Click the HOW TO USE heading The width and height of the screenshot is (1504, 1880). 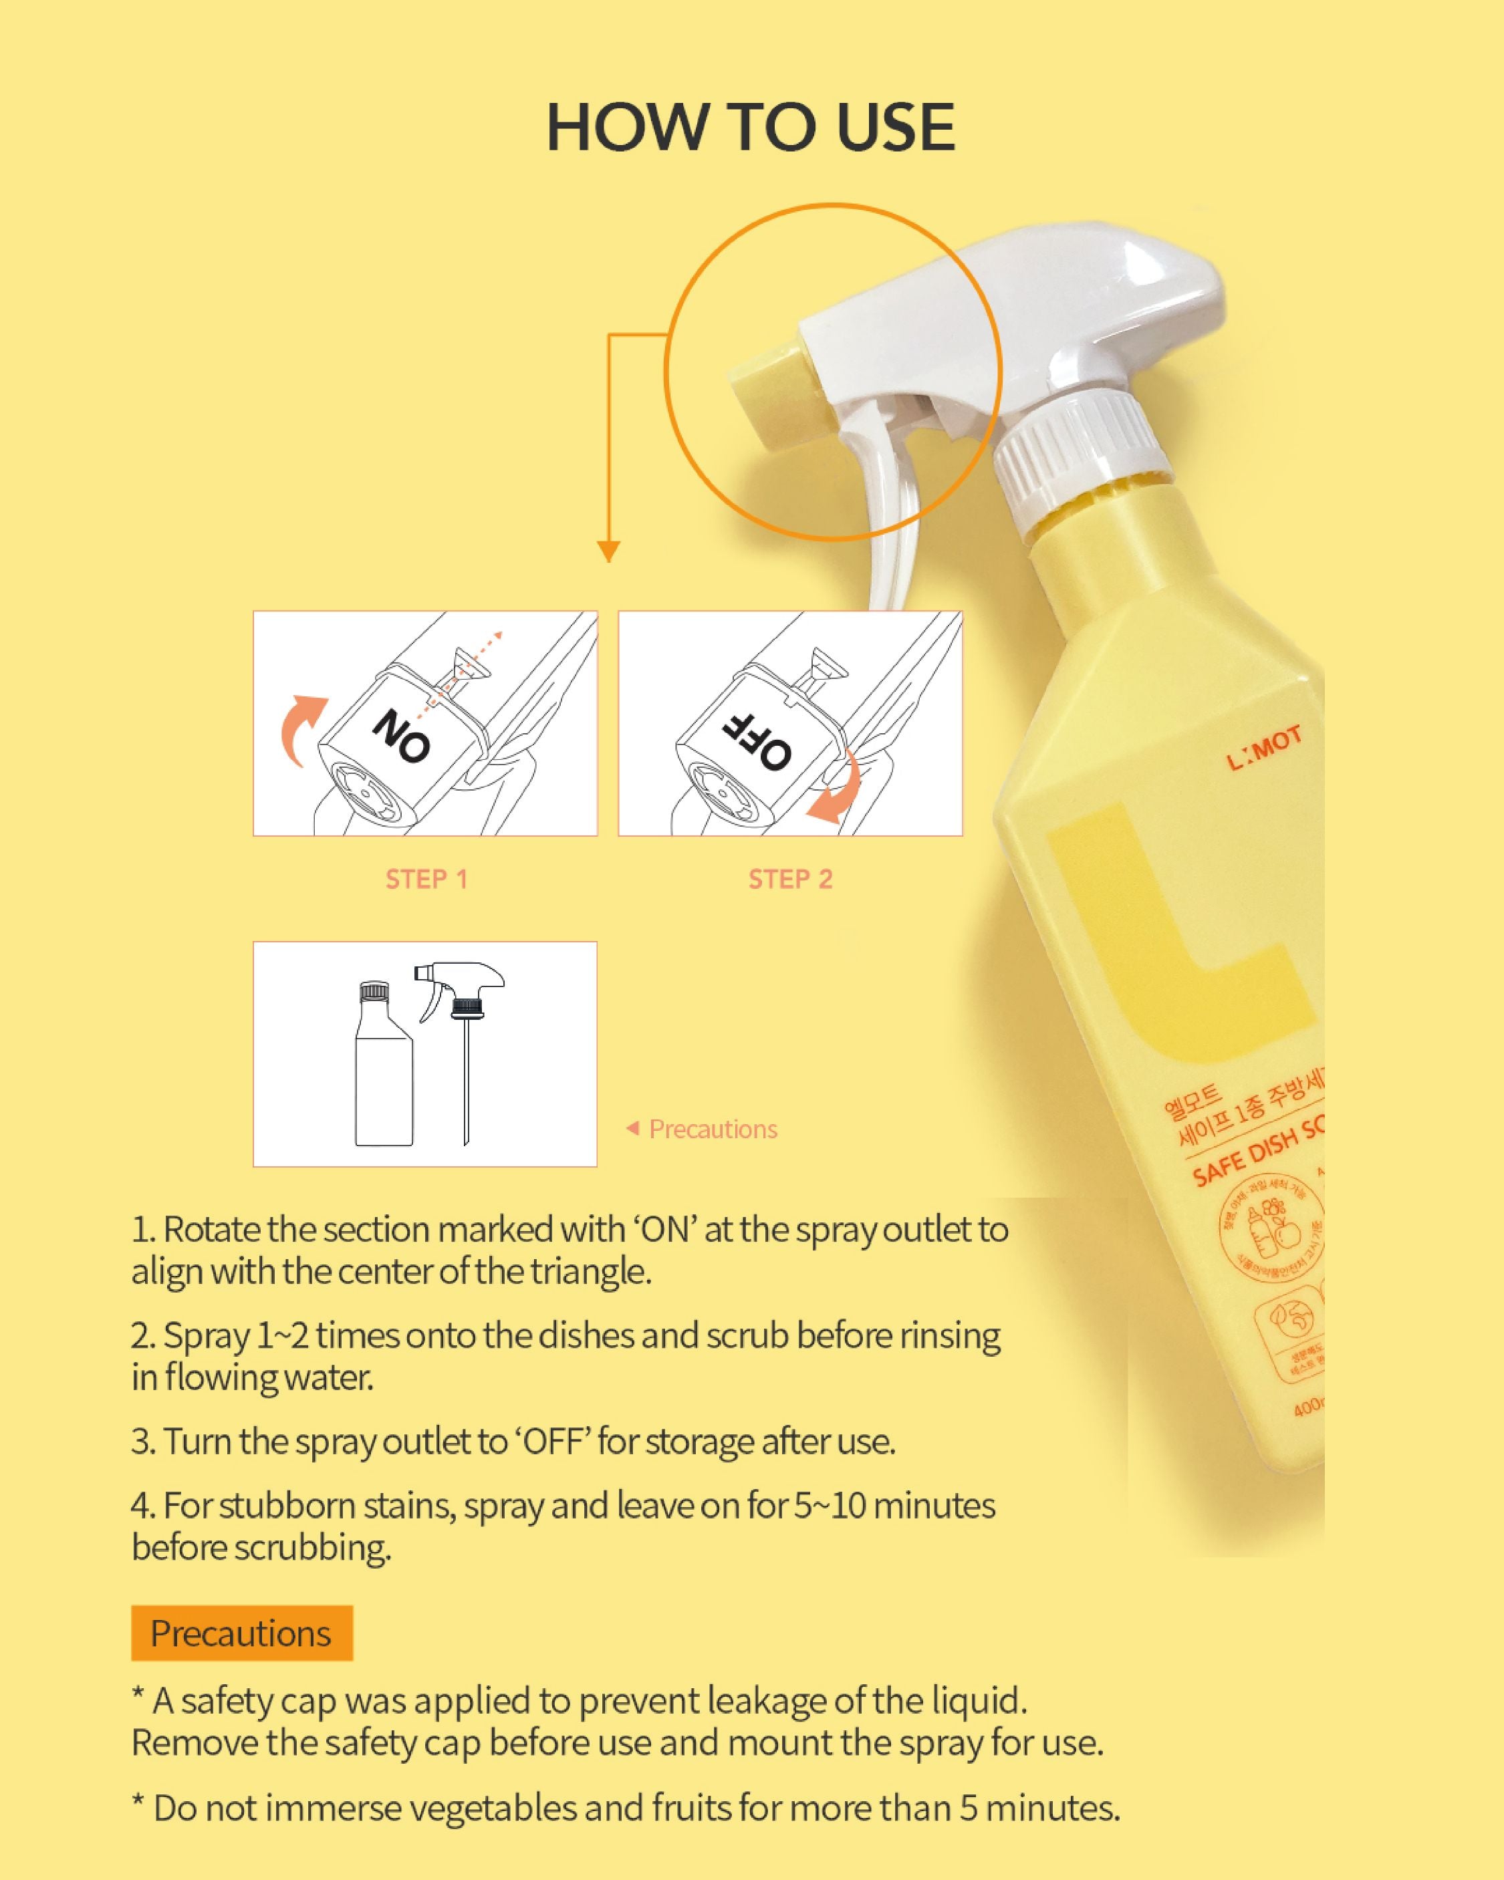(750, 127)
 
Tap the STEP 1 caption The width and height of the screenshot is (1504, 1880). (426, 879)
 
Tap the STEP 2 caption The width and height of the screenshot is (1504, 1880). (790, 879)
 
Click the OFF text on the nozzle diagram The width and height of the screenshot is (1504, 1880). (757, 741)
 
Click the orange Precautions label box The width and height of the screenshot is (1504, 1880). (242, 1632)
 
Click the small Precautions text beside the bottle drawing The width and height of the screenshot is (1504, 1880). (712, 1129)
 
